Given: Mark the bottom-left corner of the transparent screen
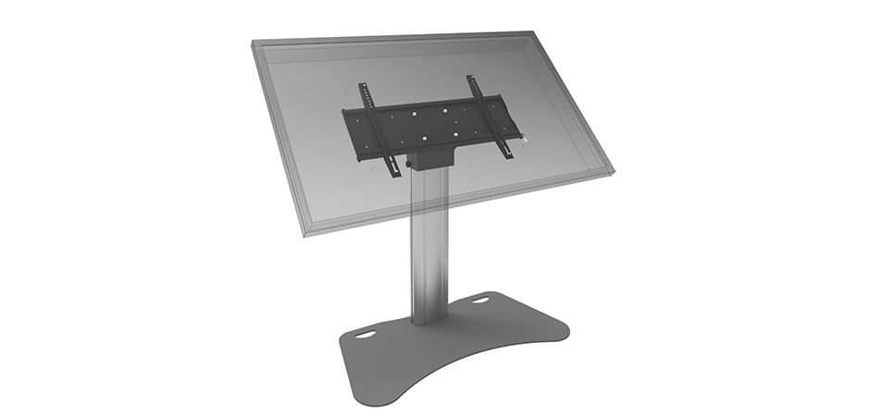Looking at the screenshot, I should (305, 236).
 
